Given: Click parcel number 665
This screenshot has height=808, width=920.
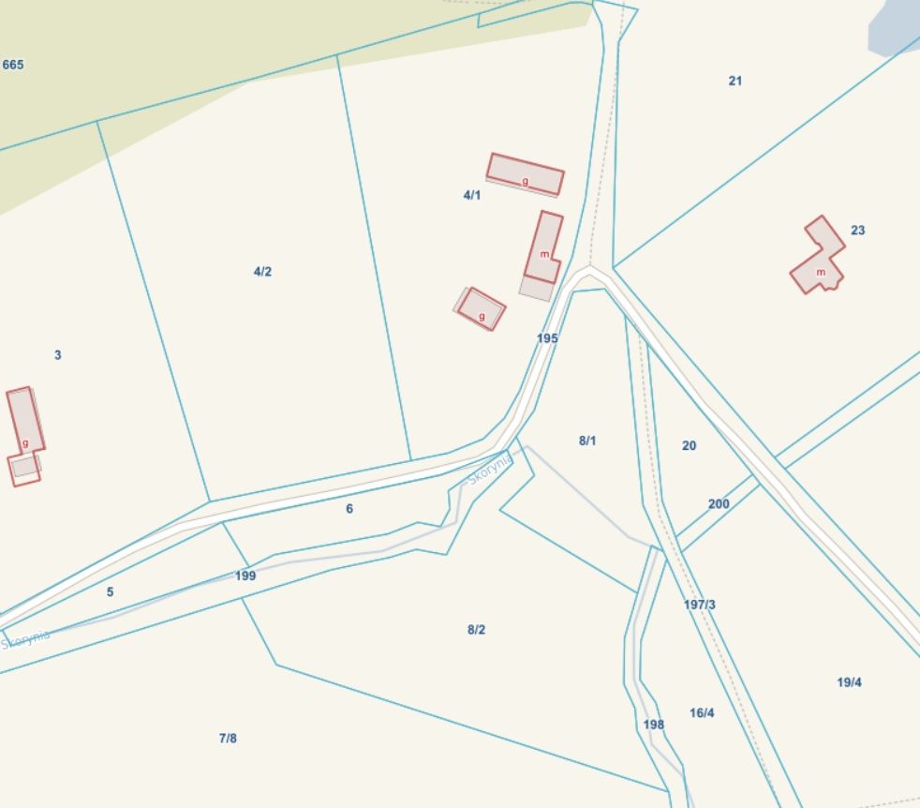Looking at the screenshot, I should tap(13, 65).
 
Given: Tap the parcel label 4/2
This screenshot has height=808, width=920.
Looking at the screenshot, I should tap(262, 272).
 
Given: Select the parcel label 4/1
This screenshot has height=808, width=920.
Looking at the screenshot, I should tap(471, 195).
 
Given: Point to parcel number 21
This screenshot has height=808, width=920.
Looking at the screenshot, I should tap(735, 81).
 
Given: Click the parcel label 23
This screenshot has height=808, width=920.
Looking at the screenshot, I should tap(858, 231).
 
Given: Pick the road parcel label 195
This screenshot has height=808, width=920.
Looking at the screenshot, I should tap(547, 338).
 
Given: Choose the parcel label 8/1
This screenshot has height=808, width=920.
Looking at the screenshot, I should tap(587, 441).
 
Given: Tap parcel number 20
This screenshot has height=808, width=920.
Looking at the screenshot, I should tap(690, 446).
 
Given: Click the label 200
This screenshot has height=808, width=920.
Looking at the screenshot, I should tap(719, 504).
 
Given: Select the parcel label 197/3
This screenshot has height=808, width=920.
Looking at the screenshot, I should tap(700, 605).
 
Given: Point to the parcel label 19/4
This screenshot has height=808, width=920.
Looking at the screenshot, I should tap(849, 682).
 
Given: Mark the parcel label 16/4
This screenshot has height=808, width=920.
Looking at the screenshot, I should tap(702, 713).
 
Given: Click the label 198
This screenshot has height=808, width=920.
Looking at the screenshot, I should tap(654, 725).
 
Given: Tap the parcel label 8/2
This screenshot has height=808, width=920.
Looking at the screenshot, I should tap(476, 630).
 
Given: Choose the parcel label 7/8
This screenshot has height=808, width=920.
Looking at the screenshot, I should tap(228, 739).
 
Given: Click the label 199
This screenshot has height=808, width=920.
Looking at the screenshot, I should tap(245, 576).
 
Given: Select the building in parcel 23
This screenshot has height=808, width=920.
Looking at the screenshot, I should tap(817, 258).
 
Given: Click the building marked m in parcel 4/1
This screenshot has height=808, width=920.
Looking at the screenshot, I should tap(543, 248).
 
